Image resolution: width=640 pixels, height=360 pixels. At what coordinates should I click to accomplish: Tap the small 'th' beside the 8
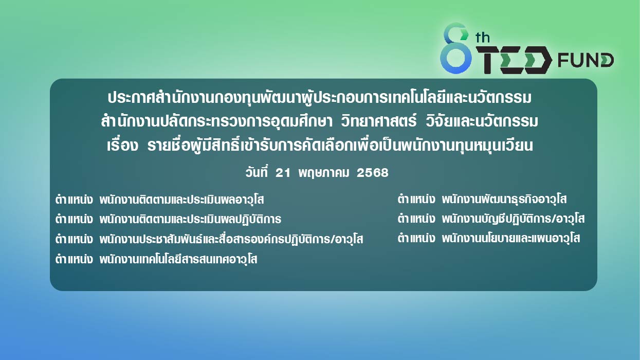(482, 38)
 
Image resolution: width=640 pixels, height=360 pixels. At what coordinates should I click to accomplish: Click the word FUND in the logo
(586, 60)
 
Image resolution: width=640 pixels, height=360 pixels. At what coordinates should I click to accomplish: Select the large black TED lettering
(513, 60)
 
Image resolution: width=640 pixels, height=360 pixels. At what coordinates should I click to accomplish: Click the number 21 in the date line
(283, 173)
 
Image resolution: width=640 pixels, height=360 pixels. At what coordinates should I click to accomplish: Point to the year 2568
(373, 173)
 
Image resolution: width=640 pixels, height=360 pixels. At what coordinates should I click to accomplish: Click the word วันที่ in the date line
(257, 172)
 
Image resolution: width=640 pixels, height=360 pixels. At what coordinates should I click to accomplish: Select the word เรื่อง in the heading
(122, 145)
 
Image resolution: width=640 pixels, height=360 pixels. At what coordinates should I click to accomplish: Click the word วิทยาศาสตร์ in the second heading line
(379, 121)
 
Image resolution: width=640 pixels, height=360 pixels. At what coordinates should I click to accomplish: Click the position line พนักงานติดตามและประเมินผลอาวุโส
(181, 200)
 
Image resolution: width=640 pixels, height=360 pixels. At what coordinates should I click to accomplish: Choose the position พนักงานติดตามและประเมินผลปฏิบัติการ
(190, 219)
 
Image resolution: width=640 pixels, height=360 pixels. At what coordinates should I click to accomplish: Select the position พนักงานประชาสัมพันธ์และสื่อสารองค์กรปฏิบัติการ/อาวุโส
(231, 239)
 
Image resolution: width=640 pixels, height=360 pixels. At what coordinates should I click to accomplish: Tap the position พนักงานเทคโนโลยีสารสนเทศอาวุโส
(178, 259)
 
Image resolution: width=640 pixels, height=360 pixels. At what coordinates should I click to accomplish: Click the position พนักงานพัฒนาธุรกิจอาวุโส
(504, 199)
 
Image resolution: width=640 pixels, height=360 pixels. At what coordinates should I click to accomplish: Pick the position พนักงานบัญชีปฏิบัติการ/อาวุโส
(513, 219)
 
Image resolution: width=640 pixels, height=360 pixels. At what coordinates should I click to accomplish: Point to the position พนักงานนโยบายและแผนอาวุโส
(511, 238)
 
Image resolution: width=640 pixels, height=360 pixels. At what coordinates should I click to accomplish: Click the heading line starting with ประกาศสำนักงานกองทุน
(319, 98)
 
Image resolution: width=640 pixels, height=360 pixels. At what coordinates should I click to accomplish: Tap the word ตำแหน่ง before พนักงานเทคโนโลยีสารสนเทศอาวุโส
(74, 259)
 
